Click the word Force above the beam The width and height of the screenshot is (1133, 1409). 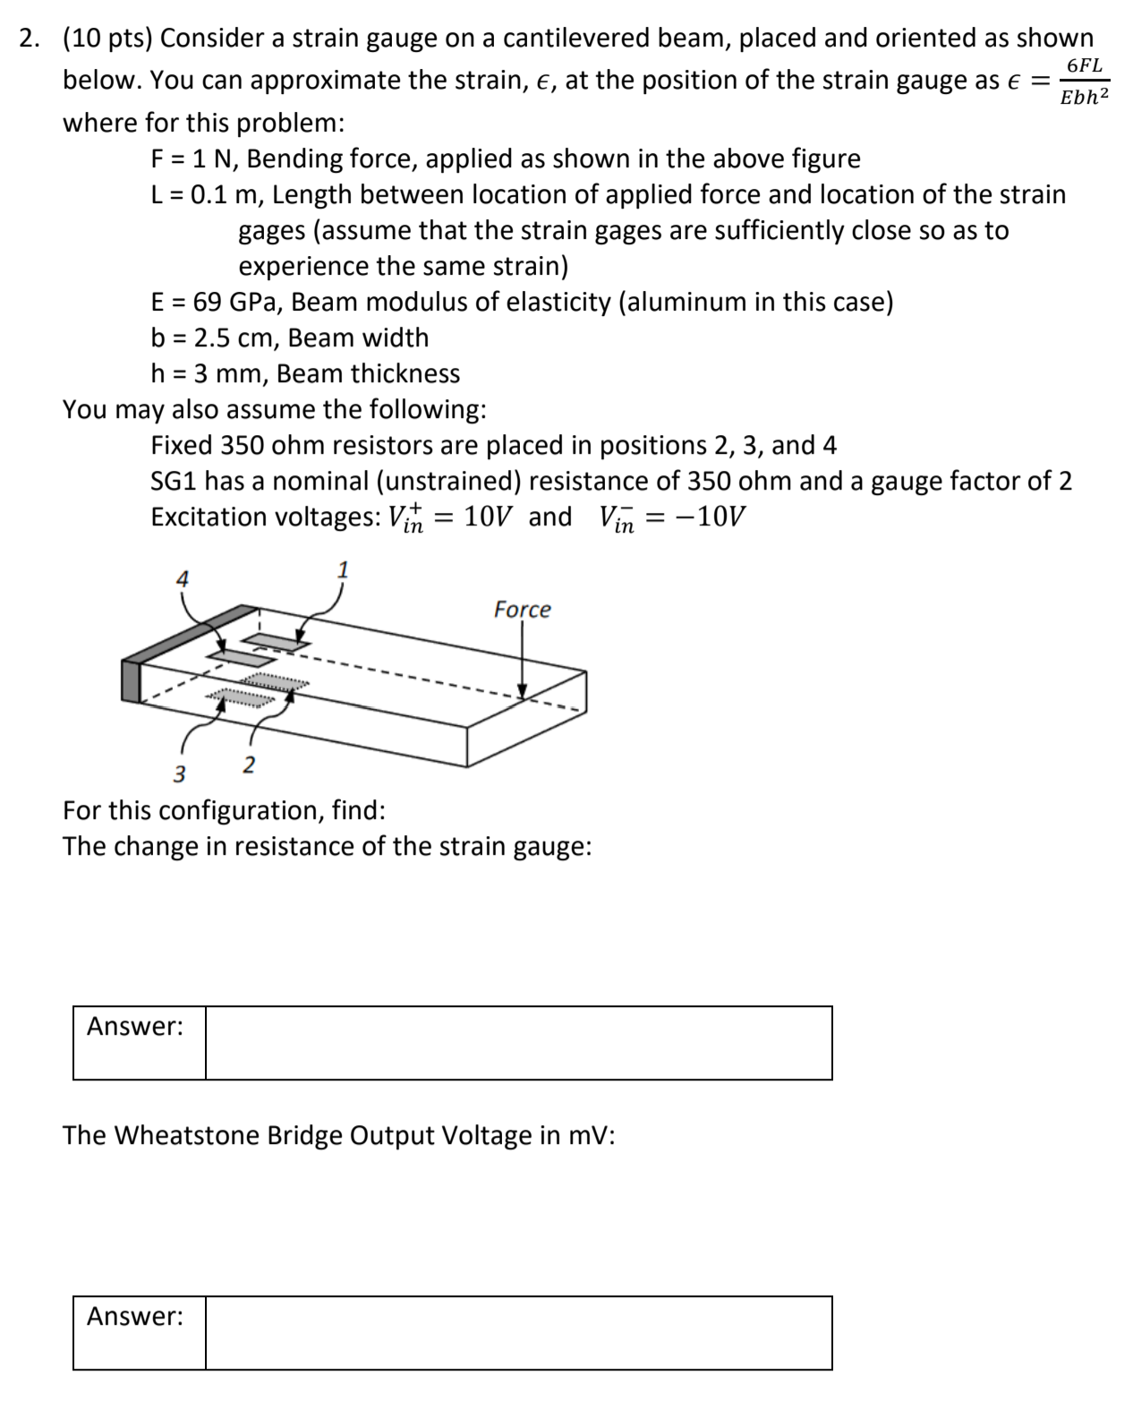tap(522, 610)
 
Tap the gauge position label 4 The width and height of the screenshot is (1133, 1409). tap(182, 579)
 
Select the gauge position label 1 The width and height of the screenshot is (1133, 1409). tap(342, 569)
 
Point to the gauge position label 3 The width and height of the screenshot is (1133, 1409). tap(179, 774)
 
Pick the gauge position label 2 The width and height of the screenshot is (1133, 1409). tap(249, 765)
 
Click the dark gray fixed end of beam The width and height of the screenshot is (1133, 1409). tap(132, 679)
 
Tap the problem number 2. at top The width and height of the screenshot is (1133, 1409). tap(30, 38)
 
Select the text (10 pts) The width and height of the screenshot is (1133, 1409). tap(107, 38)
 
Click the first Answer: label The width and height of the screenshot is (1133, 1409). tap(135, 1027)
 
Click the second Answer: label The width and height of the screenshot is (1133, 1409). tap(135, 1317)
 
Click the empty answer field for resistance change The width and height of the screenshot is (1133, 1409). tap(518, 1043)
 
